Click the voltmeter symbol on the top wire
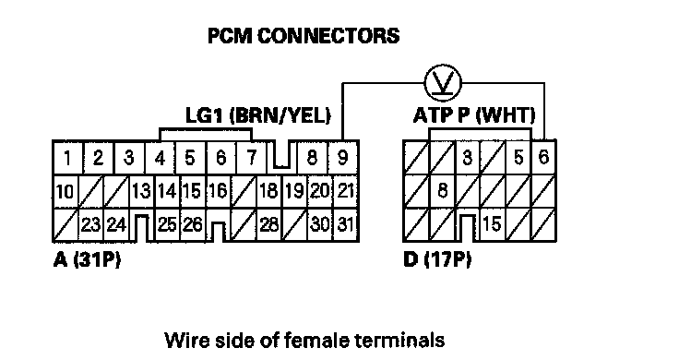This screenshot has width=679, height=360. pos(443,83)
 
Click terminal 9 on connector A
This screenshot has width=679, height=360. pos(343,158)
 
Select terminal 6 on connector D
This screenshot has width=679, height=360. pos(544,157)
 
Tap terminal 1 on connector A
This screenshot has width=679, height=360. pos(67,158)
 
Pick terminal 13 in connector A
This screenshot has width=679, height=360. pos(141,191)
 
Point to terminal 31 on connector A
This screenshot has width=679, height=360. pos(345,224)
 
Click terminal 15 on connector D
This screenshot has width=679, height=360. pos(492,224)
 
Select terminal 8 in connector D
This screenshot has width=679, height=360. pos(442,190)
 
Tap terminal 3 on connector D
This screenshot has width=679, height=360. pos(467,157)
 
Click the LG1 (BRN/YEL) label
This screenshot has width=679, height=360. pos(258,115)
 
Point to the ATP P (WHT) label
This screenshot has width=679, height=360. pos(474,115)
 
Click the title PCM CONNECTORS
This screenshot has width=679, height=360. pos(304,36)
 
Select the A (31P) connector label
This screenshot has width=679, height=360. pos(87,259)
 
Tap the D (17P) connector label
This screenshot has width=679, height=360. pos(437,259)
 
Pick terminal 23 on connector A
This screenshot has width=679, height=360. pos(90,225)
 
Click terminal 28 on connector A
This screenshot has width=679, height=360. pos(268,225)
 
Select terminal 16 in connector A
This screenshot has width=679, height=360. pos(218,191)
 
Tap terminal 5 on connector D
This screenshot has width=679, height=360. pos(518,157)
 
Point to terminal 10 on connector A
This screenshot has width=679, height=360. pos(65,191)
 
